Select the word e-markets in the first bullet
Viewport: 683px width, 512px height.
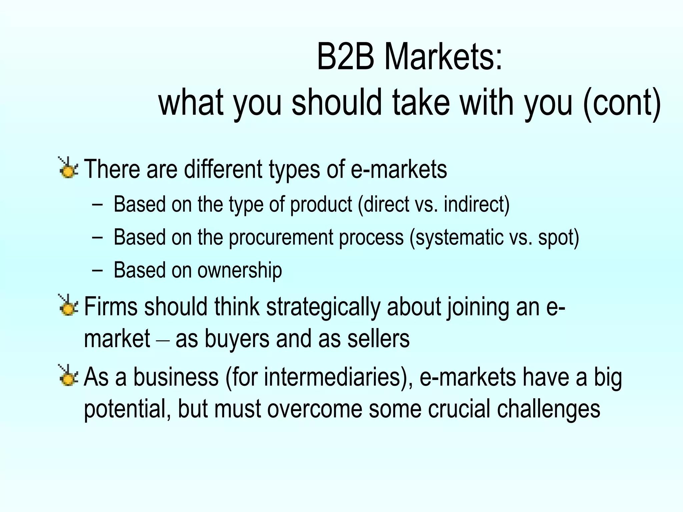(x=399, y=169)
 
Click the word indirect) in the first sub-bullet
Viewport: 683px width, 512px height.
(x=477, y=204)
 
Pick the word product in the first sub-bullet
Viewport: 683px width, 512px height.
(x=321, y=205)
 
